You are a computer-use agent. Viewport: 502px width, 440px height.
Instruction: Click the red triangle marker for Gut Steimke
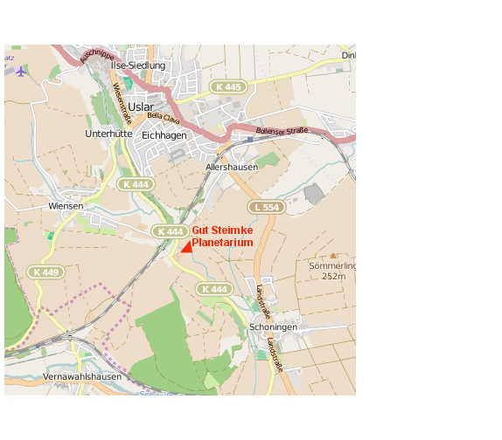click(x=186, y=247)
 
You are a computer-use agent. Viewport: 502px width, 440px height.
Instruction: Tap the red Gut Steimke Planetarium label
click(x=223, y=236)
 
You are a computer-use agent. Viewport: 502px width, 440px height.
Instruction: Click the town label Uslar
click(x=140, y=107)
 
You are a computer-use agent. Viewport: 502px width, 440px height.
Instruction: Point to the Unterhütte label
click(x=108, y=134)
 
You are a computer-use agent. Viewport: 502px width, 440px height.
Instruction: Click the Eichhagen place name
click(x=164, y=135)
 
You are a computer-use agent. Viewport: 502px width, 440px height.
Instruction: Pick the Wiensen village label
click(x=66, y=206)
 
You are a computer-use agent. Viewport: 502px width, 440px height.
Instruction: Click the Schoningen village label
click(x=273, y=327)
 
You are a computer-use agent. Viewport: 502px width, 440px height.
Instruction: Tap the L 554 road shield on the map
click(x=265, y=207)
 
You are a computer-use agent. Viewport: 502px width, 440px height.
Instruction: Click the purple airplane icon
click(x=20, y=71)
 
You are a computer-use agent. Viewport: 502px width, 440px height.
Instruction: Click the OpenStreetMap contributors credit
click(x=78, y=402)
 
